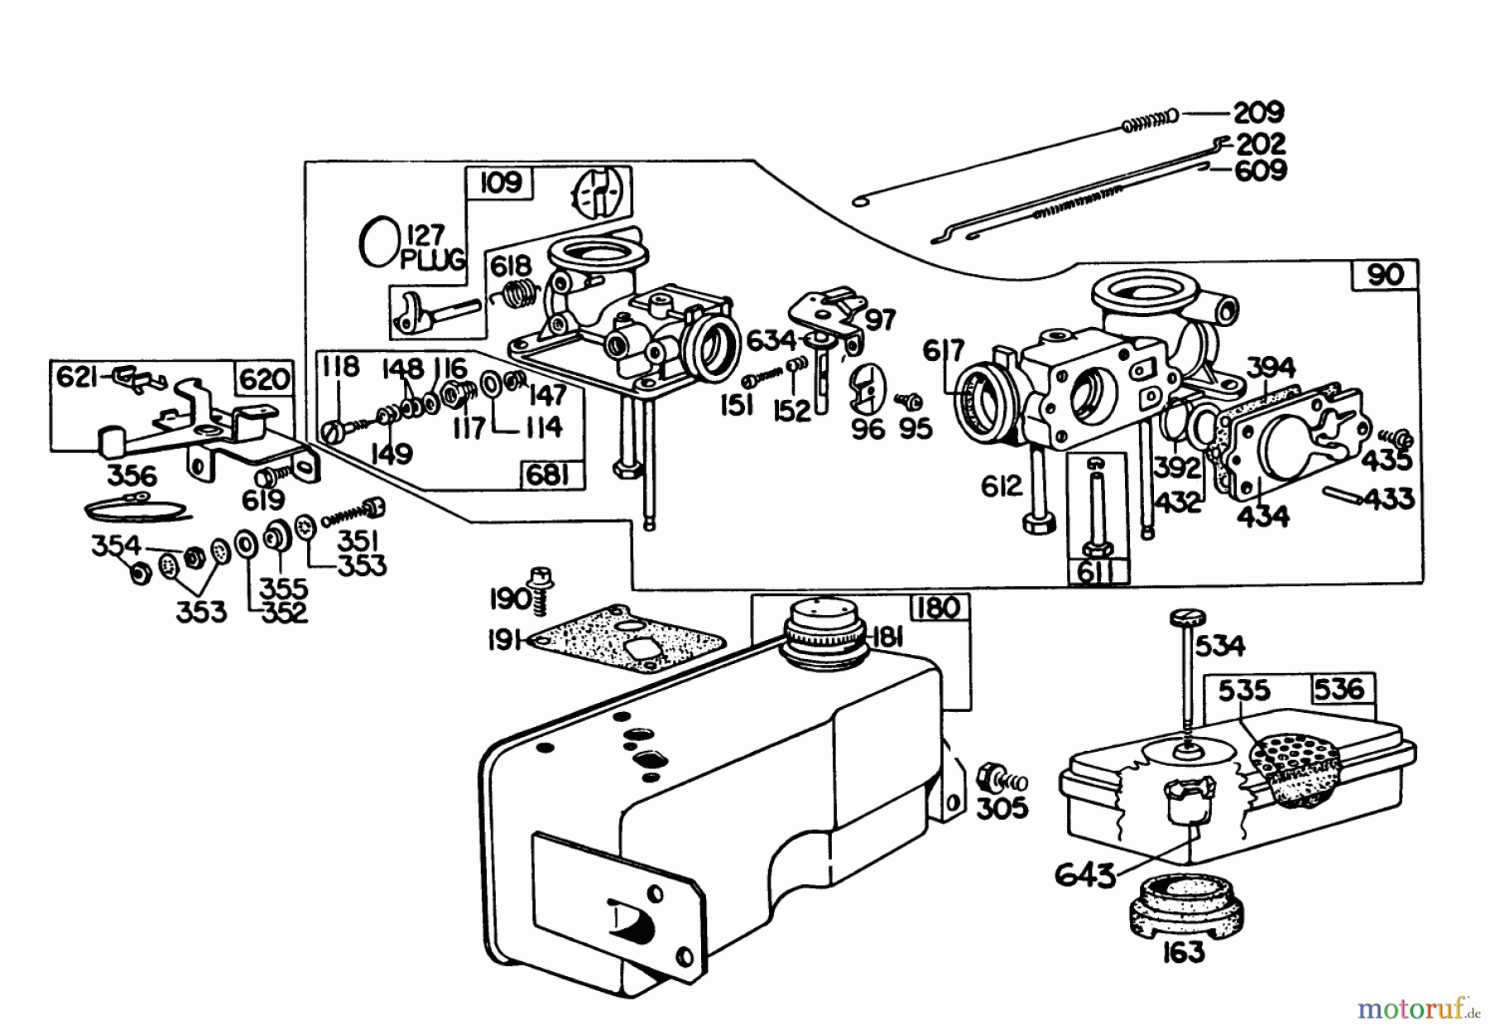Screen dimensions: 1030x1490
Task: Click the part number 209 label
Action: [x=1258, y=112]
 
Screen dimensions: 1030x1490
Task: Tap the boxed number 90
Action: [x=1386, y=275]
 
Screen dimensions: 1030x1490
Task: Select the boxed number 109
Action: [x=500, y=181]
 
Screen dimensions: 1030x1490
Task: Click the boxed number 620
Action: [x=265, y=378]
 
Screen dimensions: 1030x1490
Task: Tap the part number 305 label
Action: [x=1002, y=808]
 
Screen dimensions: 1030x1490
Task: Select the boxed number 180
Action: [x=939, y=609]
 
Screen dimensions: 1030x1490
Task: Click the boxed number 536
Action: [x=1339, y=689]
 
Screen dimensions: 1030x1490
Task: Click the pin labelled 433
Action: [x=1347, y=494]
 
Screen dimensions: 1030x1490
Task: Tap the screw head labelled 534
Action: [x=1187, y=618]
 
